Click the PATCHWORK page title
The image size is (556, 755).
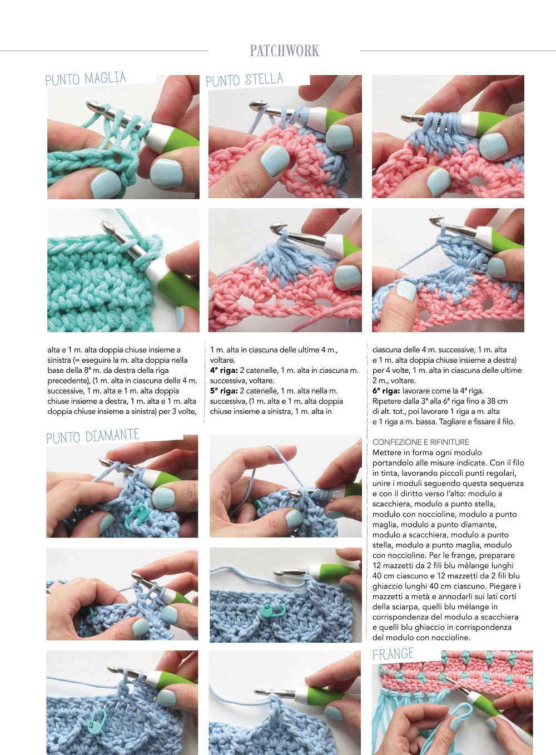[285, 51]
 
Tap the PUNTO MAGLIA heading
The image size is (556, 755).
[86, 78]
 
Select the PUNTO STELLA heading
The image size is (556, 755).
[245, 80]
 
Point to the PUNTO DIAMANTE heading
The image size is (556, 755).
[93, 436]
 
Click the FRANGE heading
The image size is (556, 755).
[393, 654]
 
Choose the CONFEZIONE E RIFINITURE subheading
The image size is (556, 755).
[421, 442]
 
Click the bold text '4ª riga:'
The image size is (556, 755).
[224, 371]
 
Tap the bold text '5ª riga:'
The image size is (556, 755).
[224, 391]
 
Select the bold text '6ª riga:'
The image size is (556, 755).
[386, 391]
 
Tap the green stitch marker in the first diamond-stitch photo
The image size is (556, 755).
[135, 516]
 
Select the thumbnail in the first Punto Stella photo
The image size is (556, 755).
[275, 160]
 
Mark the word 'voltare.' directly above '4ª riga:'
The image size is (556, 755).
[222, 360]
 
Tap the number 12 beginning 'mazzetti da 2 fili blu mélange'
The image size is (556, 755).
[376, 565]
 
